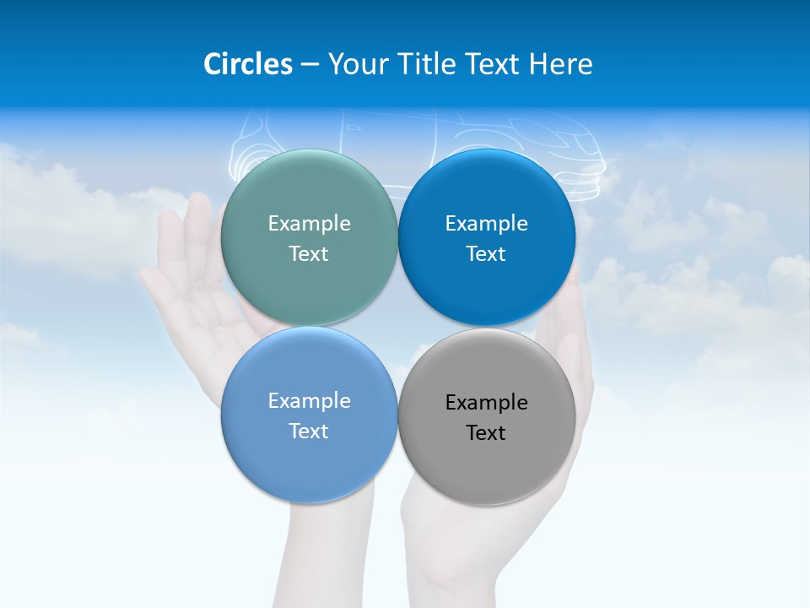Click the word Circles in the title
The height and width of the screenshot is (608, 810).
(x=247, y=64)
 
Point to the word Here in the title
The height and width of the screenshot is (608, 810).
(x=560, y=64)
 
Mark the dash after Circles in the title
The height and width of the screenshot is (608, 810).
(x=310, y=65)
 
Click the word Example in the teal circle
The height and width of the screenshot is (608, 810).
(x=309, y=223)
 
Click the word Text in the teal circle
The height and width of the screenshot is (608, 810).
(x=309, y=253)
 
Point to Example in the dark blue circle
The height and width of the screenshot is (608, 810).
(x=487, y=223)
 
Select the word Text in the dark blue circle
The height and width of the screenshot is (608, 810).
(x=487, y=253)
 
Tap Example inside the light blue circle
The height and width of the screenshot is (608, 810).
(x=309, y=400)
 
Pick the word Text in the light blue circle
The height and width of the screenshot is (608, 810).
(x=309, y=431)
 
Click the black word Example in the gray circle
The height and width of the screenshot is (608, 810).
(x=487, y=402)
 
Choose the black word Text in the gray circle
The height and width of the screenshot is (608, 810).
(x=487, y=432)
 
